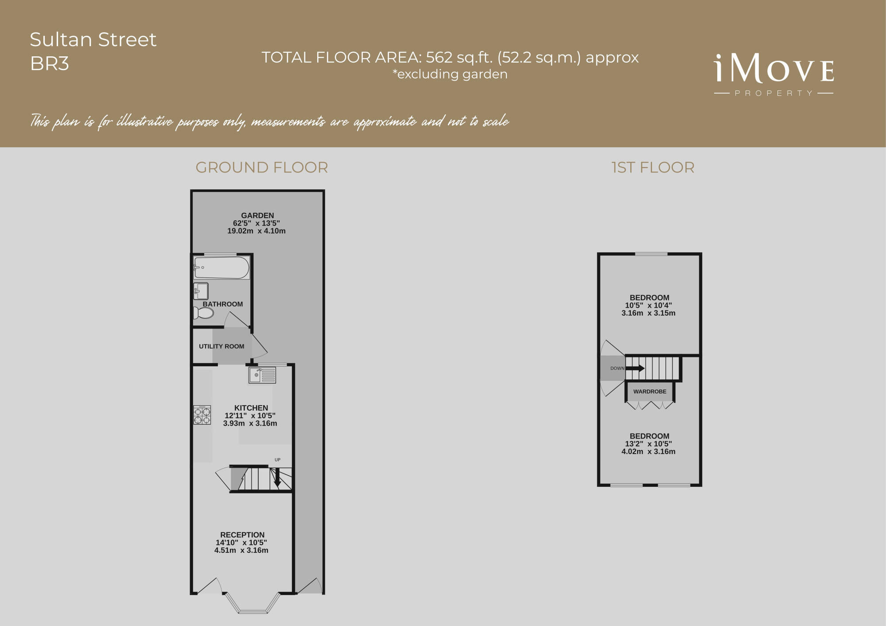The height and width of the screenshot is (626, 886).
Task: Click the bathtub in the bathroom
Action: [221, 267]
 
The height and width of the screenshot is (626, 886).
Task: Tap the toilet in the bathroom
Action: [204, 313]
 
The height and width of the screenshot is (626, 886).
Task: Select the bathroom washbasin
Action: [201, 291]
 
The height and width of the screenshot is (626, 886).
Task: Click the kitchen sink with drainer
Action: [262, 376]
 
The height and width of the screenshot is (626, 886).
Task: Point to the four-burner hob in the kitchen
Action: [202, 415]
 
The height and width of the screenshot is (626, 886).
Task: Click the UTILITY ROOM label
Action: [221, 346]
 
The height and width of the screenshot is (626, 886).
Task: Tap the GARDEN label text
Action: [257, 215]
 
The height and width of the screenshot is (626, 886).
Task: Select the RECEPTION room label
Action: [242, 535]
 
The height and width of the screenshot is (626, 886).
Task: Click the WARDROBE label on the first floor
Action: [650, 391]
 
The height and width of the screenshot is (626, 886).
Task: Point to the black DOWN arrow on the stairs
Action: [636, 368]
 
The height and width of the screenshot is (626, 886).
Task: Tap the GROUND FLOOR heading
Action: [262, 168]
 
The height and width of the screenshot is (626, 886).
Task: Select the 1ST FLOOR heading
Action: [653, 168]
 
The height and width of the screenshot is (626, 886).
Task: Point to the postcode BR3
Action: [50, 64]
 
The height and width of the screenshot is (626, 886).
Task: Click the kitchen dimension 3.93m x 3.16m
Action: [250, 423]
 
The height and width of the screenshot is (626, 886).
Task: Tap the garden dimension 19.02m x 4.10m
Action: [256, 231]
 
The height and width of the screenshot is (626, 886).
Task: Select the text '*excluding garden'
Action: [450, 74]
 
